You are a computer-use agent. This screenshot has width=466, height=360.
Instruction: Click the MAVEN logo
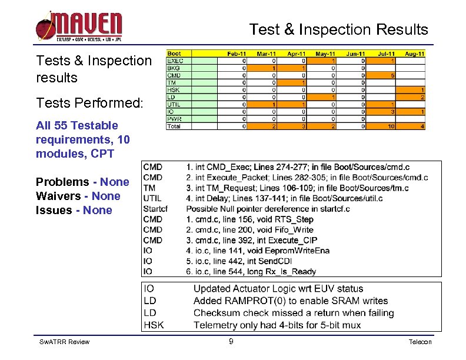pos(79,26)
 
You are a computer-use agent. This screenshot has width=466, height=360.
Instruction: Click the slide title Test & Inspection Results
pos(338,29)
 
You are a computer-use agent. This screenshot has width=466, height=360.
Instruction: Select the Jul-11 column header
pos(385,54)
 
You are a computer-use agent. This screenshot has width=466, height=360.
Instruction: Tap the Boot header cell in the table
pos(175,54)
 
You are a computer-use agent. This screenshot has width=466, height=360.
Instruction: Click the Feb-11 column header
pos(237,54)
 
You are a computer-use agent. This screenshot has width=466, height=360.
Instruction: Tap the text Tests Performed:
pos(89,103)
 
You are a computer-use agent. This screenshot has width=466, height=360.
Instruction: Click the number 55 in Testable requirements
pos(62,125)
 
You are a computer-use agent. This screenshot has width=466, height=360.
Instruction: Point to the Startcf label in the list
pos(155,209)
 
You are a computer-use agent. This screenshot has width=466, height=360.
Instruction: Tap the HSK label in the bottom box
pos(154,325)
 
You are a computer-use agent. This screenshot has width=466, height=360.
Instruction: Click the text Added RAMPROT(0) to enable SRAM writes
pos(291,301)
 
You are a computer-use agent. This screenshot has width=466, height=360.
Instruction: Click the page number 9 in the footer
pos(231,342)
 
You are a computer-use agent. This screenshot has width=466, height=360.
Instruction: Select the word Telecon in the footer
pos(420,342)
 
